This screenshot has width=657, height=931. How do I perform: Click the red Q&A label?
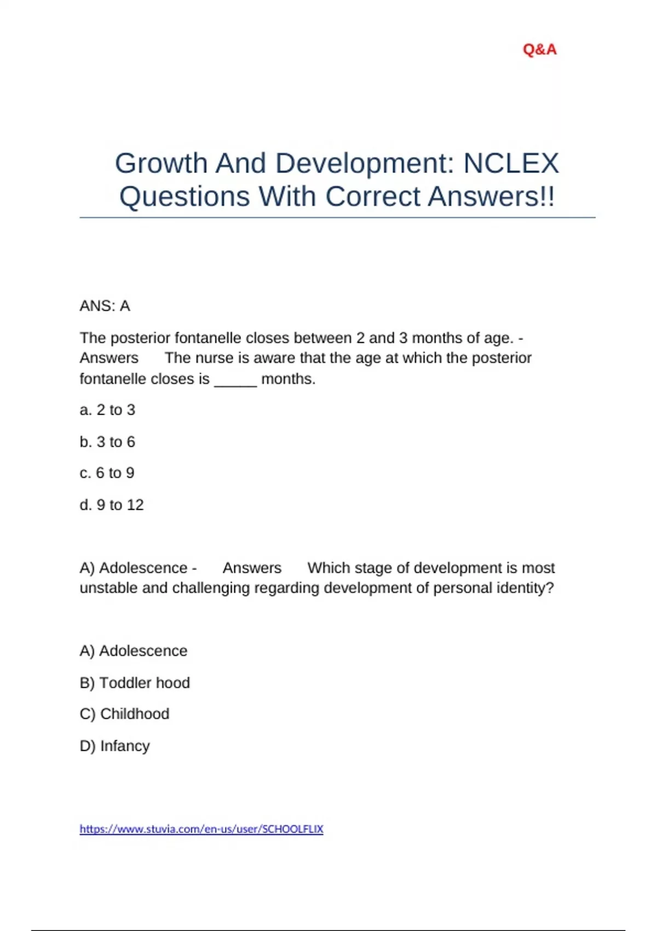click(539, 50)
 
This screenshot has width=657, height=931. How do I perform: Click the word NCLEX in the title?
click(511, 163)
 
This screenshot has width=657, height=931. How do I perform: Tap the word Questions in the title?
click(185, 197)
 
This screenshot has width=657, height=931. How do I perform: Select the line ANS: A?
click(105, 306)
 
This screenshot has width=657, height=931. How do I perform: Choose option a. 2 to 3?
click(107, 410)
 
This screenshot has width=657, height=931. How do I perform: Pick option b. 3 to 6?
click(107, 441)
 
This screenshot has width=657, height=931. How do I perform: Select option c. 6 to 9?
click(107, 473)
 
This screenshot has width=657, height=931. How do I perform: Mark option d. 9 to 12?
click(112, 504)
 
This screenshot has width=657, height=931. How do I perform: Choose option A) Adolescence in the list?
click(134, 651)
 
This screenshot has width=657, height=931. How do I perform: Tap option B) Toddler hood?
click(135, 682)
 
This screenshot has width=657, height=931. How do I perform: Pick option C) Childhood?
click(124, 714)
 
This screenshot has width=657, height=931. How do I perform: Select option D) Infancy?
click(114, 745)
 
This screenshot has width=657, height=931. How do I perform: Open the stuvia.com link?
click(201, 829)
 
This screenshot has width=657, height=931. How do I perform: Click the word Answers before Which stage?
click(252, 567)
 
